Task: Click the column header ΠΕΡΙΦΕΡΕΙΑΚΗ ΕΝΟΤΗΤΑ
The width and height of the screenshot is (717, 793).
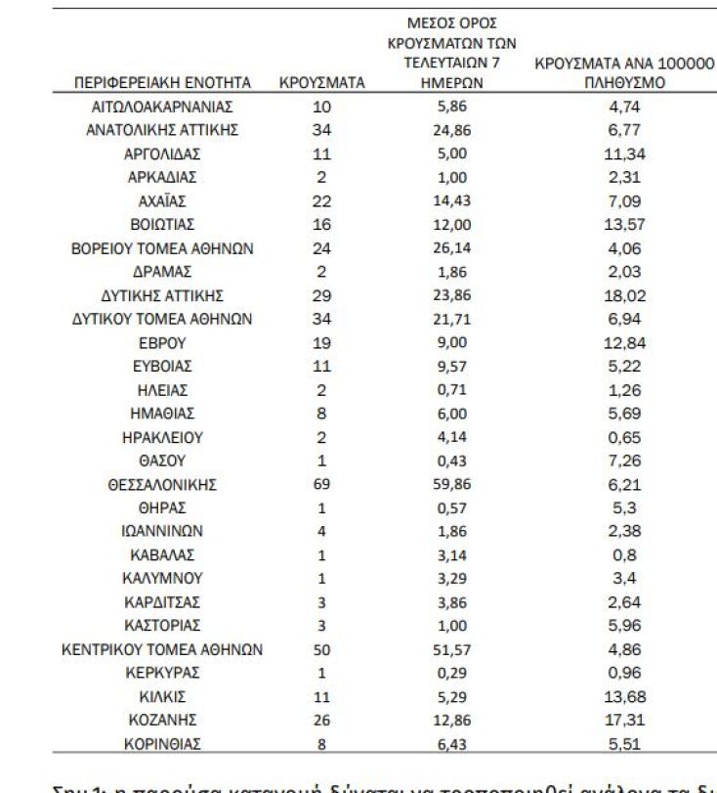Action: click(163, 83)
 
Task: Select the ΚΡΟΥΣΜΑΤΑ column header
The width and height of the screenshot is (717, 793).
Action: click(322, 83)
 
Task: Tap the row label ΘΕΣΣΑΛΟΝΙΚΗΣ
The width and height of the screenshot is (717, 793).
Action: click(163, 484)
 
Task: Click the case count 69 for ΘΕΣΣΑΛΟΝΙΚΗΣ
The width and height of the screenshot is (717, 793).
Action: click(322, 484)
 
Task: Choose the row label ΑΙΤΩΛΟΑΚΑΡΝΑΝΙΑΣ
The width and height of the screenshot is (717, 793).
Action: click(163, 107)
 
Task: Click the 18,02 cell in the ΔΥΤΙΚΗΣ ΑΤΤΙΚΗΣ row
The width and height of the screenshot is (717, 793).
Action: click(624, 295)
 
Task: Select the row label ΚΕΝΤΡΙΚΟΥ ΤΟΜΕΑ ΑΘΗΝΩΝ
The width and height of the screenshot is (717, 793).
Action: click(163, 649)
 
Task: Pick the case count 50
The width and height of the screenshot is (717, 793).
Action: click(322, 649)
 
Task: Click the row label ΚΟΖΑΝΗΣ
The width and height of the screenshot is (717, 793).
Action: click(163, 720)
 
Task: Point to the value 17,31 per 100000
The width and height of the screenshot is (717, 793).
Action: click(624, 720)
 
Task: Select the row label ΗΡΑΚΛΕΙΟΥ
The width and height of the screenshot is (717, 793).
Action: click(163, 437)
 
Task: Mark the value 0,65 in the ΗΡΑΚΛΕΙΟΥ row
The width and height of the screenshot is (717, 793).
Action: click(624, 437)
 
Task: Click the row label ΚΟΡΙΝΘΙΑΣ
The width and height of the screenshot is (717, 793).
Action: click(163, 743)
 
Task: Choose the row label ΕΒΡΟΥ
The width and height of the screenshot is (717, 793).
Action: click(163, 343)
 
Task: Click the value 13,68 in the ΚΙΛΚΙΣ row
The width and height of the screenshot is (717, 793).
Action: click(624, 696)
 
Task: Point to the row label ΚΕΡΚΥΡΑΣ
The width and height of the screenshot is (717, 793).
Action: click(163, 673)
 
